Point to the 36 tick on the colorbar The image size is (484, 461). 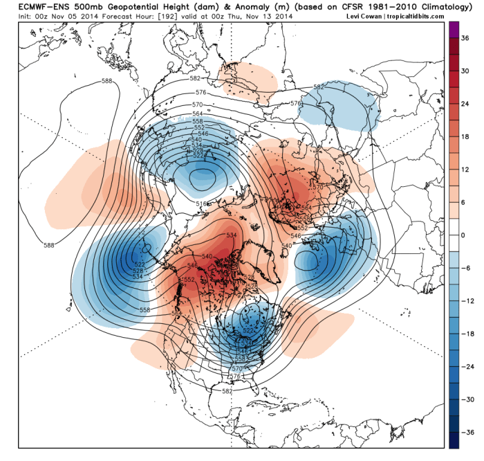(x=467, y=40)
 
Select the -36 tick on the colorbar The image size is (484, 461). (x=466, y=433)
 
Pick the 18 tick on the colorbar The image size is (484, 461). (x=467, y=138)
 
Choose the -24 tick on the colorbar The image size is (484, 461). (x=466, y=367)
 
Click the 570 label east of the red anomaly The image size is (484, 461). (x=319, y=187)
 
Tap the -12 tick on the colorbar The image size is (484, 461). (x=466, y=302)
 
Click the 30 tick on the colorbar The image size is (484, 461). (x=467, y=73)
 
